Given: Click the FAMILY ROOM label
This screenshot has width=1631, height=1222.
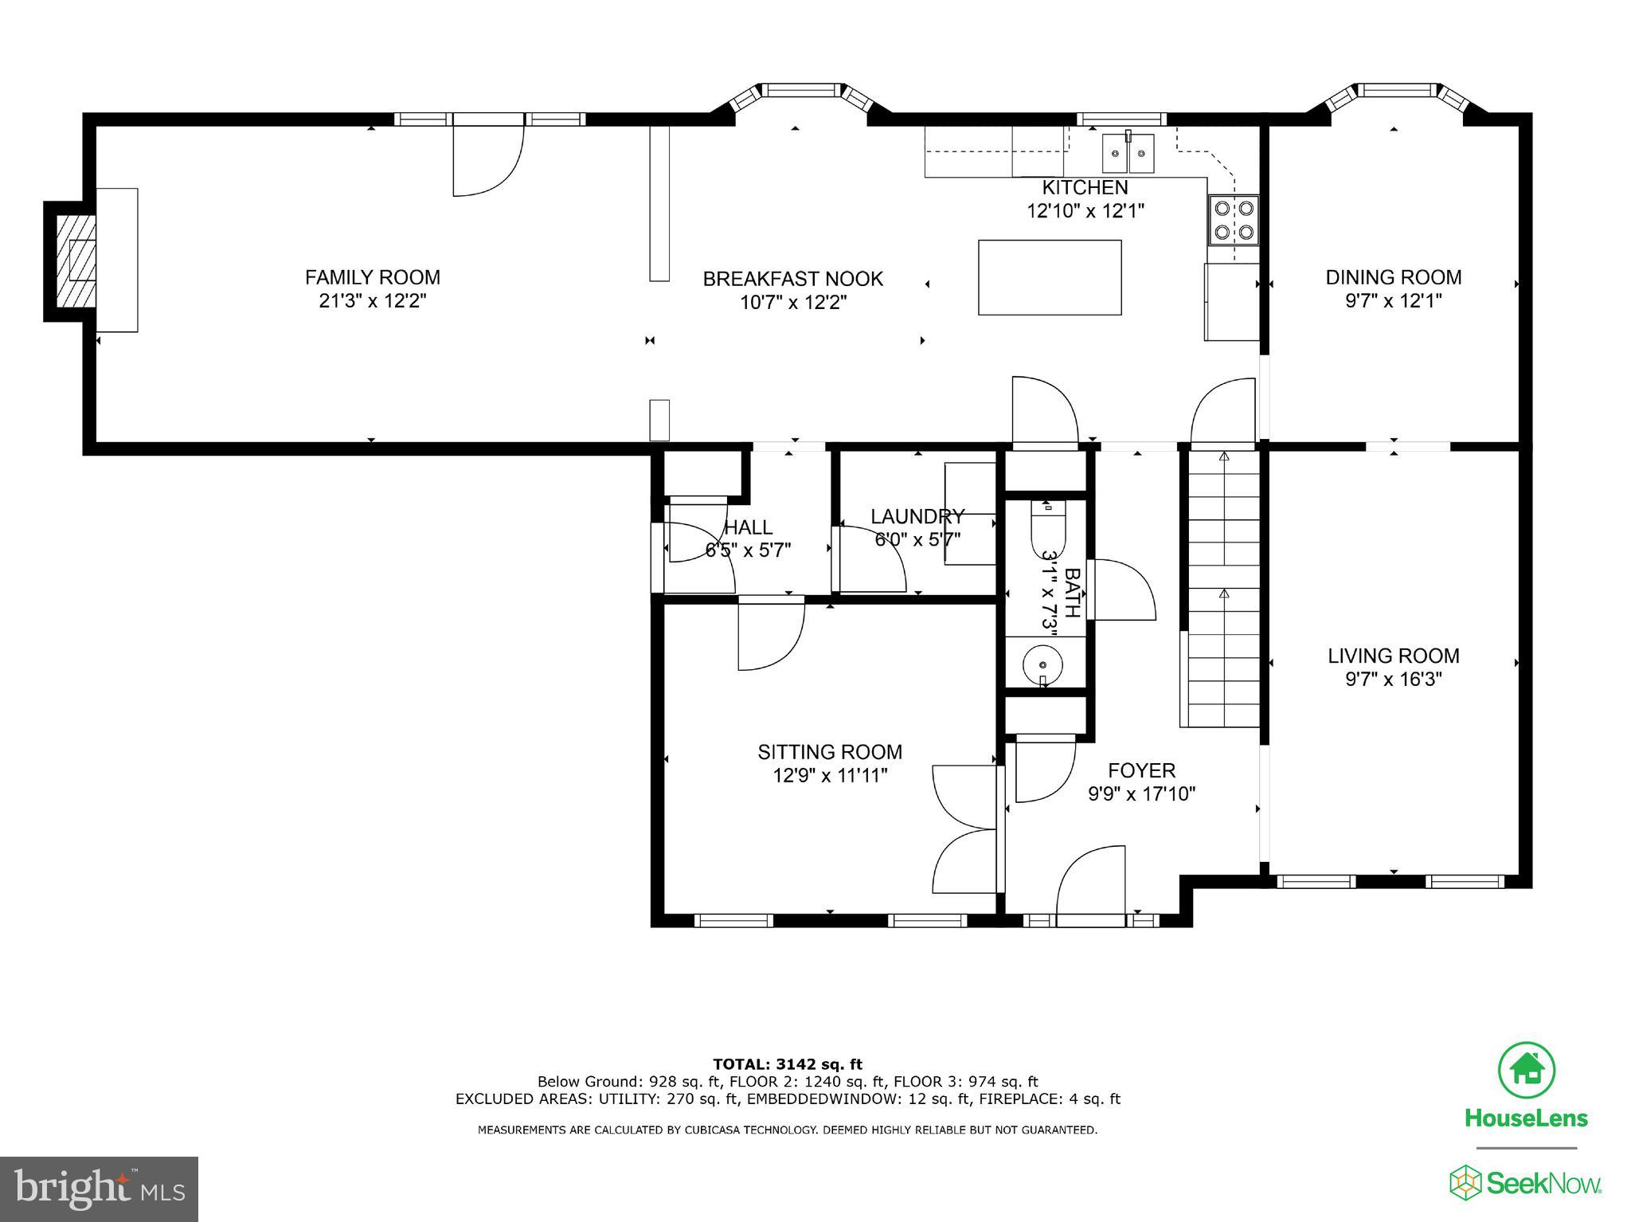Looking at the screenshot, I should tap(372, 277).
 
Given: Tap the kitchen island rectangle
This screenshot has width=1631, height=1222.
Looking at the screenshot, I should tap(1050, 277).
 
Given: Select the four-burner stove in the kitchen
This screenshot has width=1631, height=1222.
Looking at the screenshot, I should tap(1233, 220).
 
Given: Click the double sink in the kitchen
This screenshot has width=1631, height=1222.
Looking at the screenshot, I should tap(1128, 154).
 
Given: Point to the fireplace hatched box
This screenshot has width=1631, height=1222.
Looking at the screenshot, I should tap(76, 260).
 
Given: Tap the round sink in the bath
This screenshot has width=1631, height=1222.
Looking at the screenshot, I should tap(1043, 664).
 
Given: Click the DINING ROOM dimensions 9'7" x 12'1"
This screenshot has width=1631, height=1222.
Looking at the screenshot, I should tap(1393, 301).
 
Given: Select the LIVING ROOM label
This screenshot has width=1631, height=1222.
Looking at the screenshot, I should tap(1393, 656).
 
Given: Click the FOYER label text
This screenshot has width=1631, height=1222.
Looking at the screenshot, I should tap(1141, 770).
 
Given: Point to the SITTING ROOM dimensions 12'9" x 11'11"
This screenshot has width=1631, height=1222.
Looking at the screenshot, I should tap(830, 775).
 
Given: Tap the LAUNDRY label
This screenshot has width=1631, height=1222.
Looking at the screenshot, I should tap(917, 516).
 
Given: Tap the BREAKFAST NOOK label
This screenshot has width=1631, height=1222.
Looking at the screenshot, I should tap(792, 279).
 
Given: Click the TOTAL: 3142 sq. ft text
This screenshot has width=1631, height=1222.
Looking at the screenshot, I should tap(787, 1064).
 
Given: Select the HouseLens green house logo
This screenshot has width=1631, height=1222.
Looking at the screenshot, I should tap(1526, 1069).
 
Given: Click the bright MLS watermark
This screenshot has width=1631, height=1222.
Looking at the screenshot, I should tap(99, 1189).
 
